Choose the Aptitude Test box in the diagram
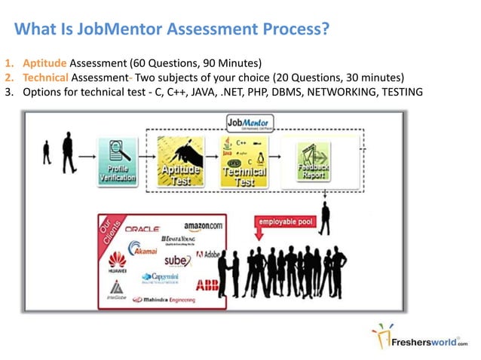click(180, 162)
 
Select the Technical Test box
click(243, 162)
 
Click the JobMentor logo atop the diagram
click(250, 124)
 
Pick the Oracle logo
click(142, 227)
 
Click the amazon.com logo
click(204, 225)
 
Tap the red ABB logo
click(207, 285)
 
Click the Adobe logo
click(208, 255)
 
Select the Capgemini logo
click(158, 278)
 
